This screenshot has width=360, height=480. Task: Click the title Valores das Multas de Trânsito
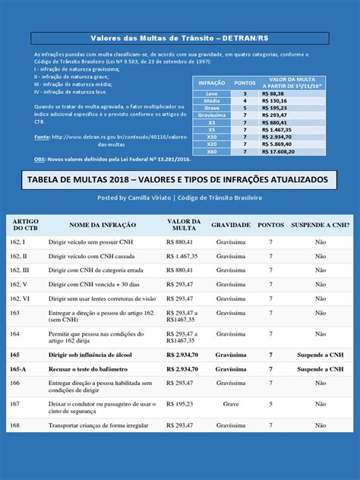(x=179, y=38)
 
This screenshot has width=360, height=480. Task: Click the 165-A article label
(x=18, y=368)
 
